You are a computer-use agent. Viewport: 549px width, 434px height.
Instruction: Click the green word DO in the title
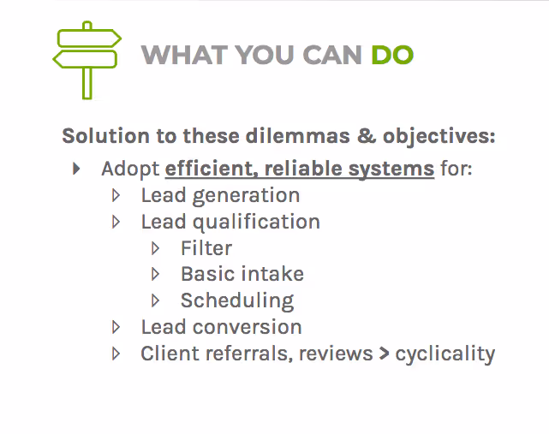click(x=392, y=56)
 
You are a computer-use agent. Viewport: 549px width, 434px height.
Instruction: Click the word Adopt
click(x=130, y=169)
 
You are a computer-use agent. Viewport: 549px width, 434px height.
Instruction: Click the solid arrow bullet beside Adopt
click(x=77, y=169)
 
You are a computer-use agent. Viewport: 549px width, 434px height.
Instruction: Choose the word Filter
click(x=206, y=248)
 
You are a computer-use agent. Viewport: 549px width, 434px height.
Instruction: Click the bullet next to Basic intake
click(x=156, y=275)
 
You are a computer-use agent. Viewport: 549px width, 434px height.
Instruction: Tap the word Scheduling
click(x=237, y=301)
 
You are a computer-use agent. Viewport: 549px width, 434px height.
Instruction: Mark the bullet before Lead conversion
click(x=116, y=327)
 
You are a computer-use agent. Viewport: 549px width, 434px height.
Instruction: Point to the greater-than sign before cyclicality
click(x=385, y=354)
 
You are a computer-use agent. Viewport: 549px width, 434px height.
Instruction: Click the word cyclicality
click(x=445, y=354)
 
